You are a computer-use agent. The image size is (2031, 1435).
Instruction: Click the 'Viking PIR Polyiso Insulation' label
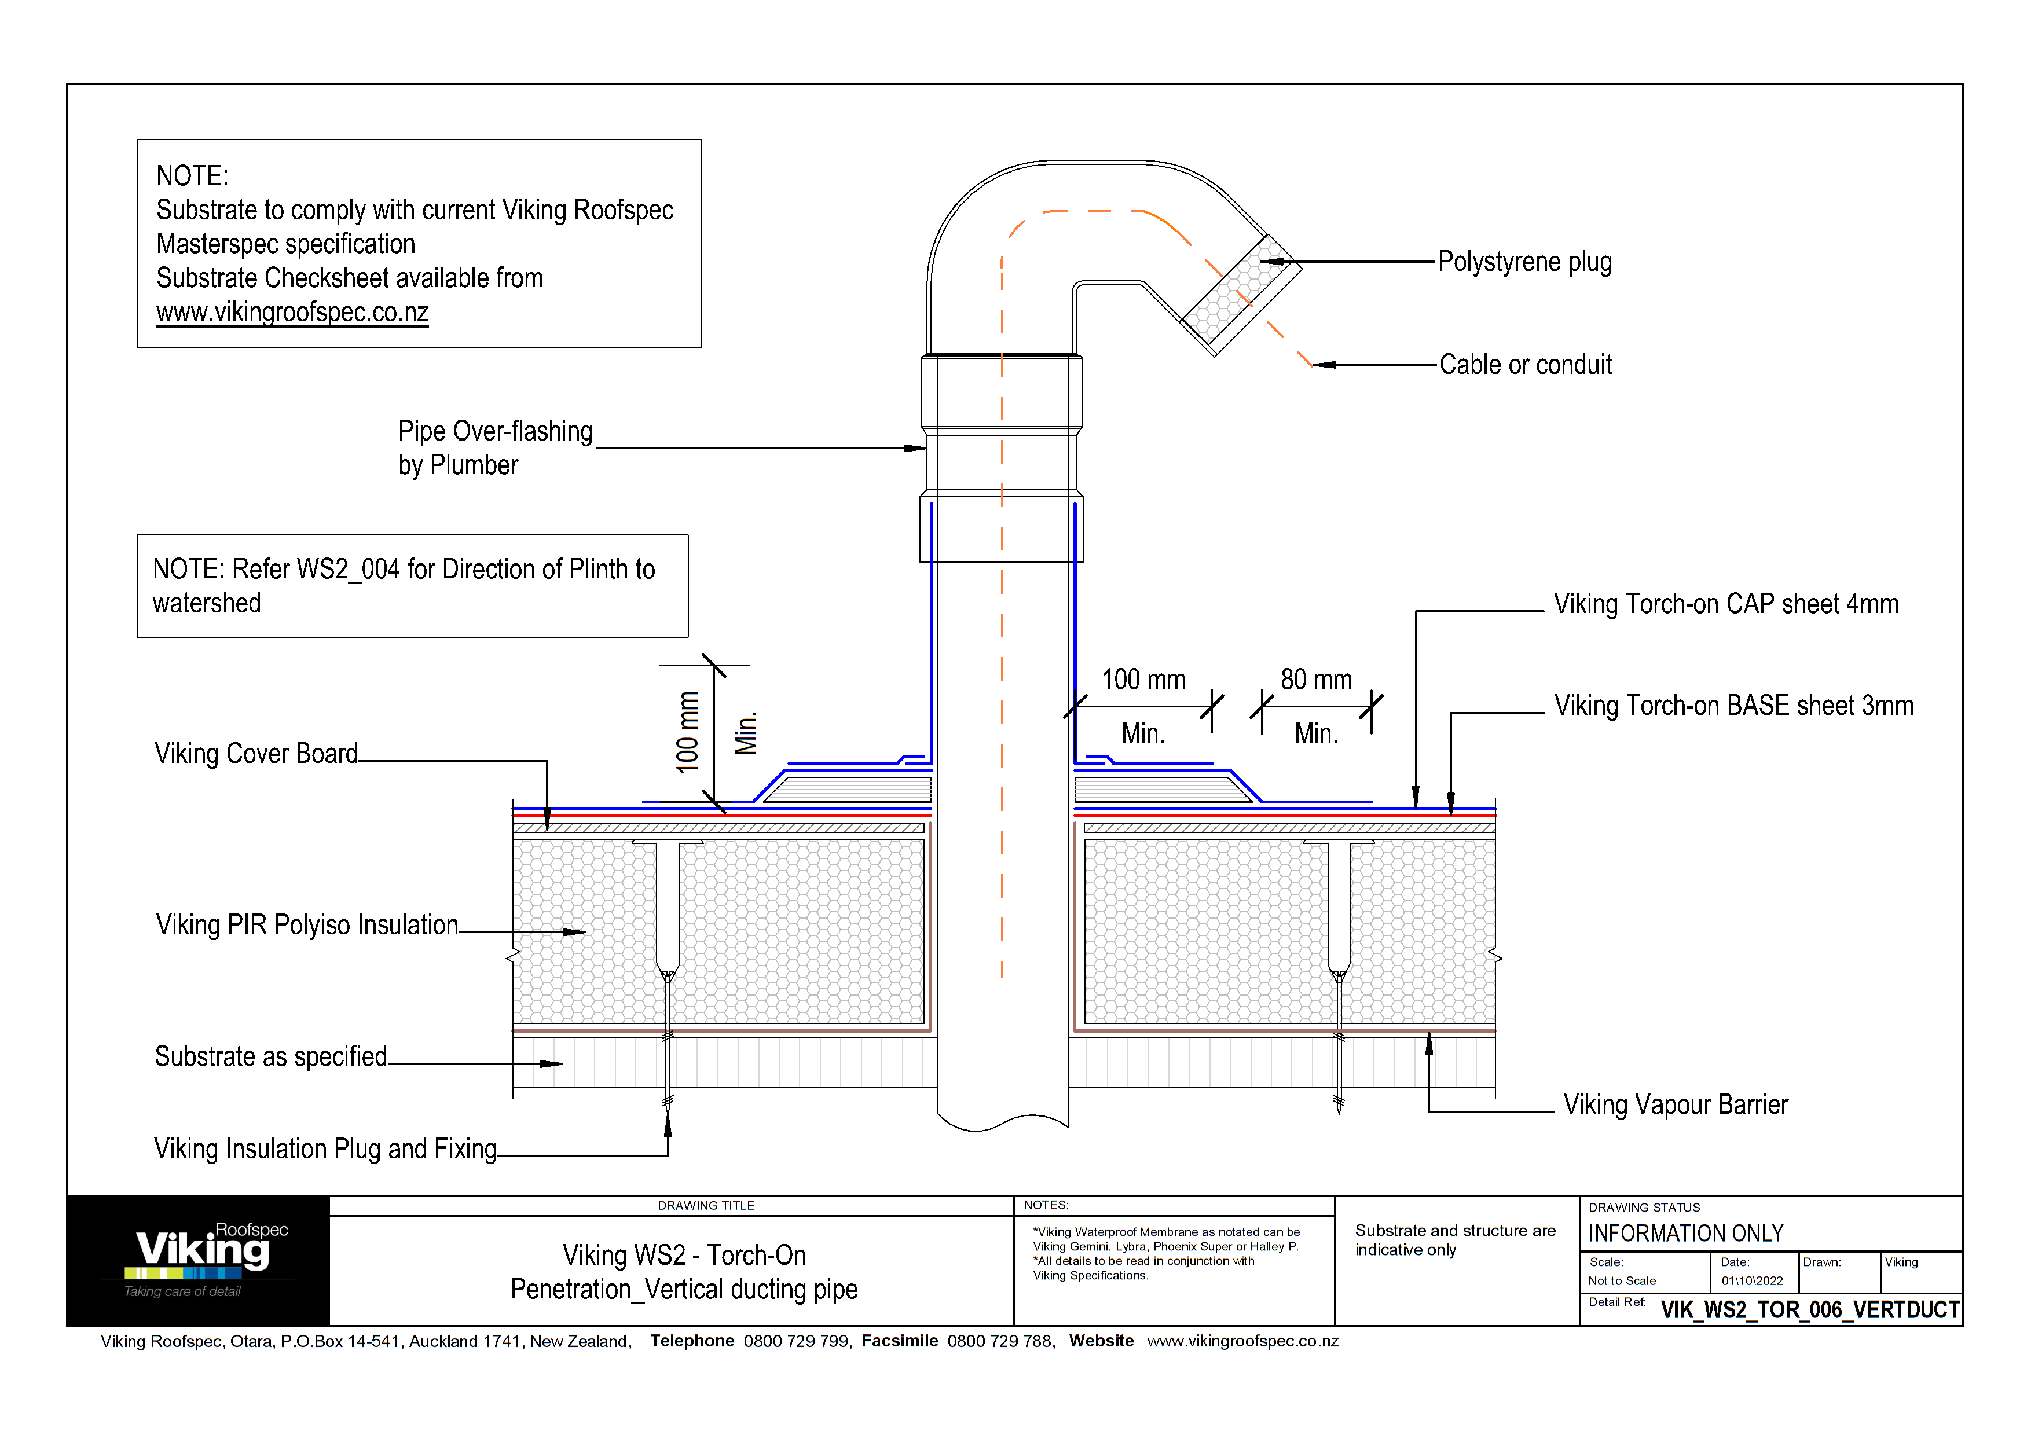307,925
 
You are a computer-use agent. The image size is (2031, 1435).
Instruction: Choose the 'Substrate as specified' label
271,1056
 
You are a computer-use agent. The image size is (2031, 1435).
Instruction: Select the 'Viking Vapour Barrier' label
1674,1104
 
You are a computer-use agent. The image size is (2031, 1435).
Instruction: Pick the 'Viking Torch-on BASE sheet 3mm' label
1733,706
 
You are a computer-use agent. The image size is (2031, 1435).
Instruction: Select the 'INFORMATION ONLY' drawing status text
1685,1234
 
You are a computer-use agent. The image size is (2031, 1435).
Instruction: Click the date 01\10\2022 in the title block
1751,1280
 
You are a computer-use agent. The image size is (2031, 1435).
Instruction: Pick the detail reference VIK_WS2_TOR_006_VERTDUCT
1809,1309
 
